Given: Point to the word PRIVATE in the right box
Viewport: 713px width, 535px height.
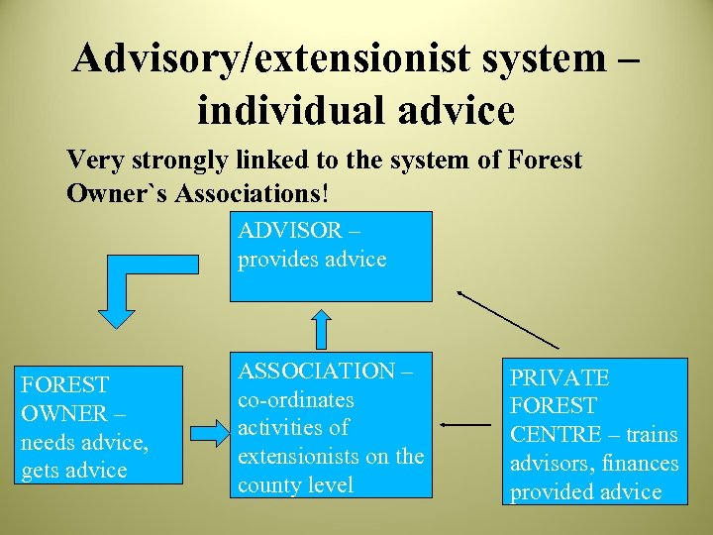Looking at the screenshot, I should [560, 377].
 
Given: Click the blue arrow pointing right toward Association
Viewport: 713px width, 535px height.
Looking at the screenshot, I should [208, 432].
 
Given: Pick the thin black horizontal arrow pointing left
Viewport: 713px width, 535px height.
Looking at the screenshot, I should [465, 424].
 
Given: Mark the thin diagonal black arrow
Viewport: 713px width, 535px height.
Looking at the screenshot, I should [508, 319].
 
